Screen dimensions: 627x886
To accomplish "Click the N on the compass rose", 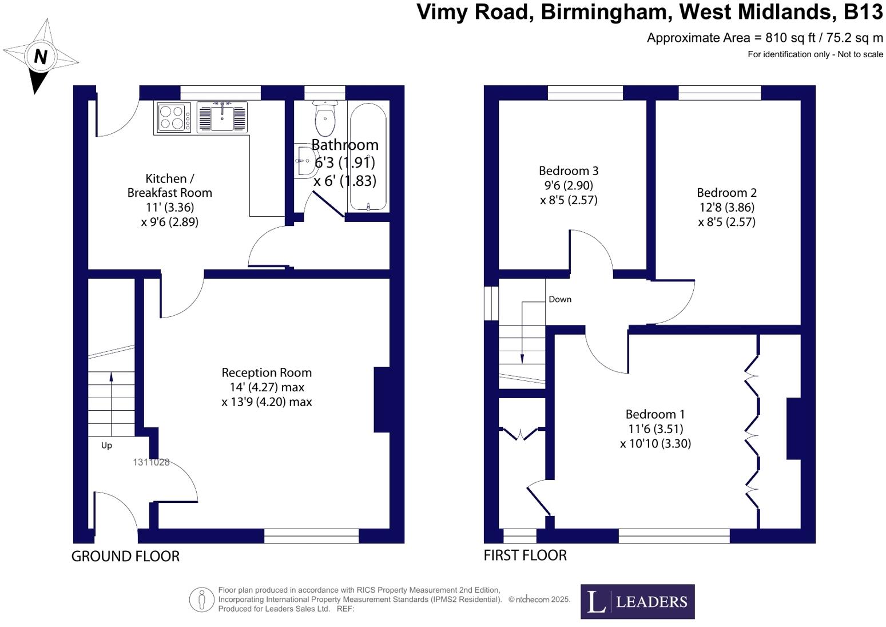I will tap(40, 57).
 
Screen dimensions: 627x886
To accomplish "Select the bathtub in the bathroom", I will tap(368, 157).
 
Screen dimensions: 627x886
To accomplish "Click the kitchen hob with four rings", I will tap(173, 117).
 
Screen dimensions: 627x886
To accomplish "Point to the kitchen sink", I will tap(222, 117).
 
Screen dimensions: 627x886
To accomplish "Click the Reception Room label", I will tap(267, 372).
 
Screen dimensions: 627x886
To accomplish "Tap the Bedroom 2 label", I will tap(726, 193).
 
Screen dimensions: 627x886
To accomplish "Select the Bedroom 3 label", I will tap(569, 170).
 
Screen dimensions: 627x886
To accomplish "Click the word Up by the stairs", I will tap(106, 445).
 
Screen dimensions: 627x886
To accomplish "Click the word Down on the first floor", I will tap(559, 299).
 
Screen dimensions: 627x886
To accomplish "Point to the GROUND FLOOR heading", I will tap(125, 556).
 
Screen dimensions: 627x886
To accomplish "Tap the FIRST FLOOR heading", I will tap(525, 555).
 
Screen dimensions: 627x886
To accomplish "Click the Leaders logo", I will tap(637, 601).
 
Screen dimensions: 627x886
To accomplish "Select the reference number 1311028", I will tap(151, 462).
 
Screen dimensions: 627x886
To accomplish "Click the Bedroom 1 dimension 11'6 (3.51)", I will tap(655, 429).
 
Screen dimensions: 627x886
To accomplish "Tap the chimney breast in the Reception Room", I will tap(382, 399).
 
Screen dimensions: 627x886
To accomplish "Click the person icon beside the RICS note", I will tap(201, 600).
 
